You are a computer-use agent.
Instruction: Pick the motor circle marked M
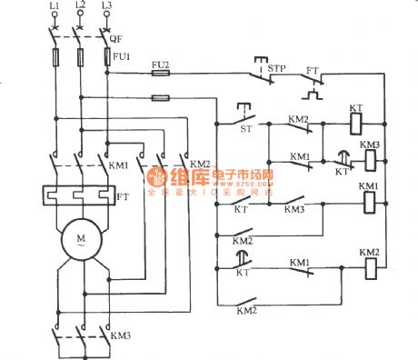pos(79,241)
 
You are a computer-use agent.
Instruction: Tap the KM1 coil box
pos(368,202)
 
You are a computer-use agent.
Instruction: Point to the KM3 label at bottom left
pos(119,335)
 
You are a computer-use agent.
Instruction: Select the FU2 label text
pos(160,65)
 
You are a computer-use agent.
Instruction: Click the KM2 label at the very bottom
pos(244,311)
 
